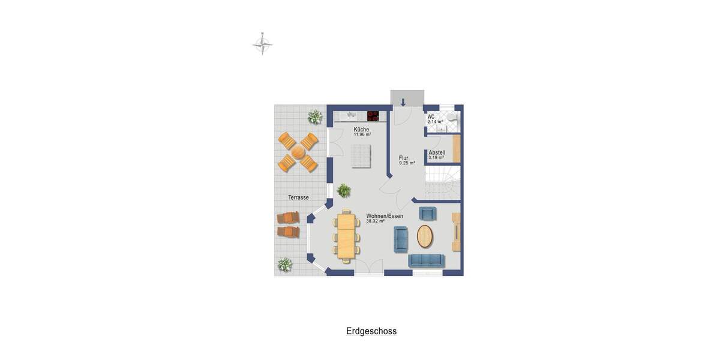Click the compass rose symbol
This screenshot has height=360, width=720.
click(262, 44)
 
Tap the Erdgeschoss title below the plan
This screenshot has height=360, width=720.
click(371, 331)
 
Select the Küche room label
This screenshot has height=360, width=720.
click(361, 129)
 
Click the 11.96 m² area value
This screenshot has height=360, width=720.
click(362, 135)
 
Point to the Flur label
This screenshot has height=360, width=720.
click(404, 158)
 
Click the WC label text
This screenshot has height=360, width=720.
click(431, 116)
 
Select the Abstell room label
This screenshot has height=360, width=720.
click(437, 152)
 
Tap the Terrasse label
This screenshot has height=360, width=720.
click(298, 197)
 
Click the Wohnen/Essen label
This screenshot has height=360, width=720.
click(385, 216)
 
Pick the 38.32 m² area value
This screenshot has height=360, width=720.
click(375, 221)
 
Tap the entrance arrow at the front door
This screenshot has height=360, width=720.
click(403, 101)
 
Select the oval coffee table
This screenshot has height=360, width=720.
click(425, 236)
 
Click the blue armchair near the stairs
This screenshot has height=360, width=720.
click(427, 213)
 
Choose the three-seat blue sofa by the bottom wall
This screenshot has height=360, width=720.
click(426, 260)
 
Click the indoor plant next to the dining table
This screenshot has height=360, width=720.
click(344, 191)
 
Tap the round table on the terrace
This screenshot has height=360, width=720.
click(298, 152)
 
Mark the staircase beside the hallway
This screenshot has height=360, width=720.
click(442, 183)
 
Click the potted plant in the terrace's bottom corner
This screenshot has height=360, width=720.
click(284, 265)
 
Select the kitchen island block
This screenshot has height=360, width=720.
click(361, 156)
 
